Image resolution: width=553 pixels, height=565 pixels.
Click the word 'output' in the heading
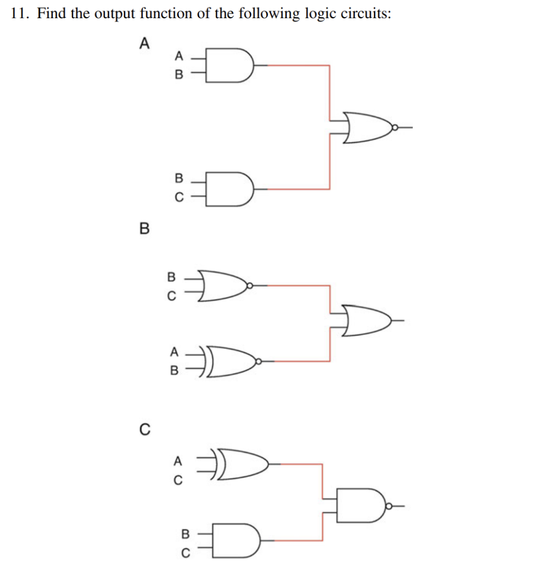pos(115,14)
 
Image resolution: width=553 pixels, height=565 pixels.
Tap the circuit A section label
pos(144,43)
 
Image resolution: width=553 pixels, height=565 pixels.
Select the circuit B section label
pos(144,228)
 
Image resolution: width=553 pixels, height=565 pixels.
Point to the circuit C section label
pos(144,429)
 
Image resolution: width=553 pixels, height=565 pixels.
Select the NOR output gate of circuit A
pos(367,127)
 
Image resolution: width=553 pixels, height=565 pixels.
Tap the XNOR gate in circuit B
pos(229,361)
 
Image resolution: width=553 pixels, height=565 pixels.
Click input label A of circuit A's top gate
pos(178,55)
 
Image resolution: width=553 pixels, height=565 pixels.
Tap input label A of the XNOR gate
pos(174,351)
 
